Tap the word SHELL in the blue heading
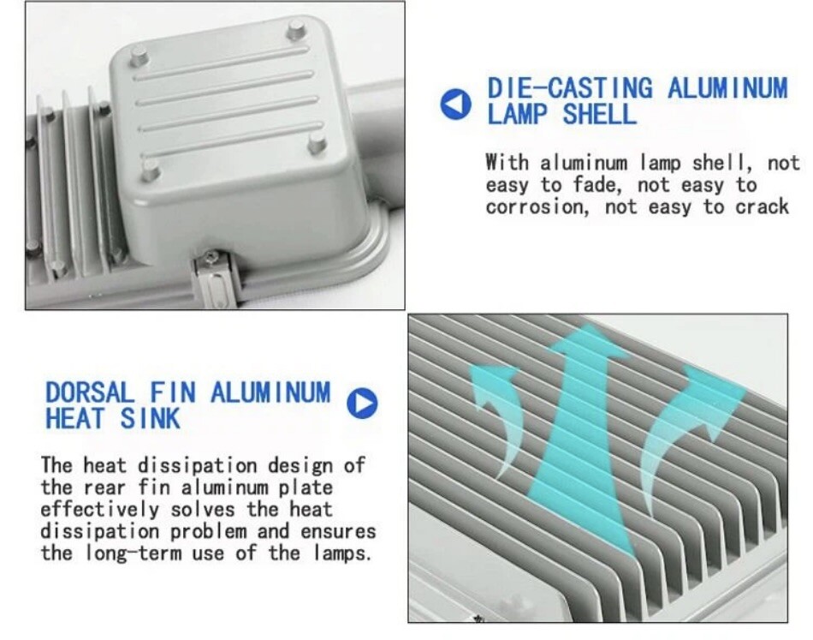coord(599,114)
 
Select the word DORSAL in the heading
coord(89,392)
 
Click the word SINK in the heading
coord(151,418)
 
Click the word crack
coord(762,206)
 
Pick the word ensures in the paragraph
coord(338,532)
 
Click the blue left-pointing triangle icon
coord(456,104)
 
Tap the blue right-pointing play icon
coord(362,404)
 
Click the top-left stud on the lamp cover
coord(139,55)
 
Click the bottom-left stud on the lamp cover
coord(150,168)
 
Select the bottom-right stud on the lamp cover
coord(317,143)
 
